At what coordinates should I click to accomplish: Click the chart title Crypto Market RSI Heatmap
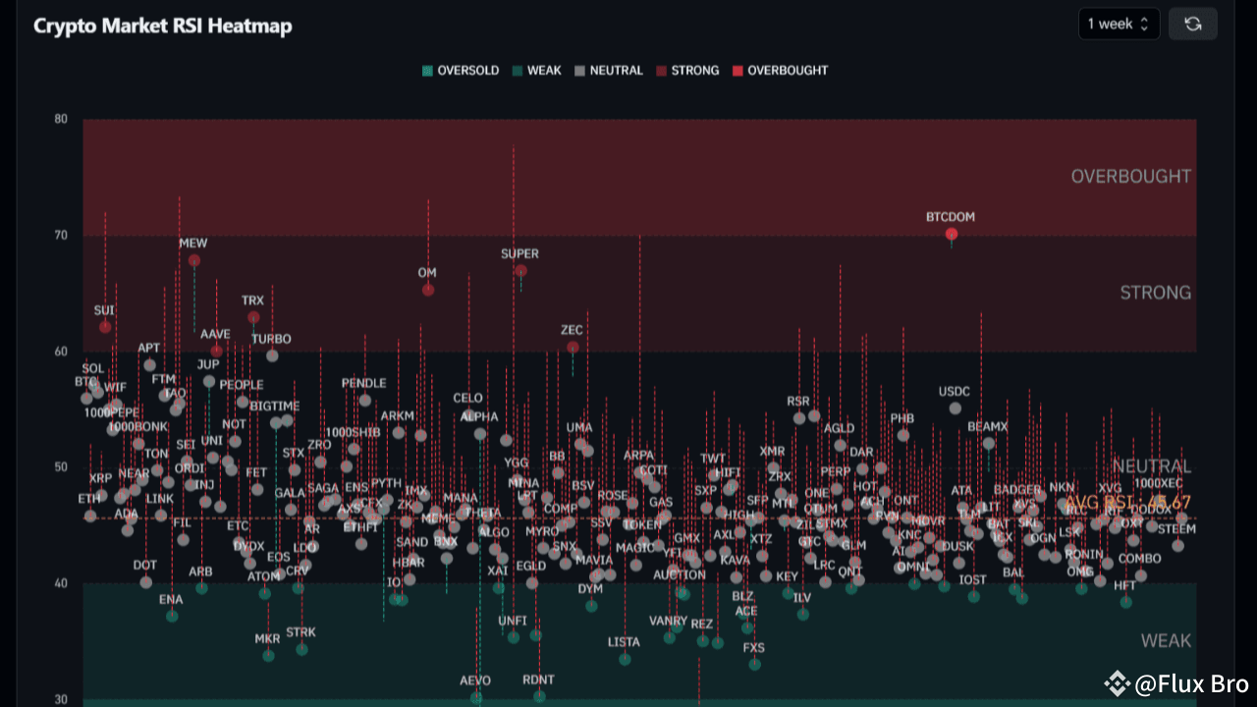[163, 26]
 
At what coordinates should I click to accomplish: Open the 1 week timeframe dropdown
[1118, 24]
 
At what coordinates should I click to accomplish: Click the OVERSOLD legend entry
[461, 71]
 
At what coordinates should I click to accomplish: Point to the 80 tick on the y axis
[61, 120]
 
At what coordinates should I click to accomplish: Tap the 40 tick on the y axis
[61, 583]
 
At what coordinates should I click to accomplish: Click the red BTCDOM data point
[951, 234]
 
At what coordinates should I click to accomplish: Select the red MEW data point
[194, 260]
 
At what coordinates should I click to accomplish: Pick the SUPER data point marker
[520, 271]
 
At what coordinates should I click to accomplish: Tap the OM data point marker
[428, 290]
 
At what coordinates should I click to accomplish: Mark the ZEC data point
[573, 347]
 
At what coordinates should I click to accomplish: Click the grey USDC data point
[956, 408]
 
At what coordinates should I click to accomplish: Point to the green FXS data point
[754, 665]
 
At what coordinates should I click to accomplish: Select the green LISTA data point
[625, 659]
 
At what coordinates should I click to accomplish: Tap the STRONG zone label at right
[1155, 293]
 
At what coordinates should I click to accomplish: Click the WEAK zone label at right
[1166, 641]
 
